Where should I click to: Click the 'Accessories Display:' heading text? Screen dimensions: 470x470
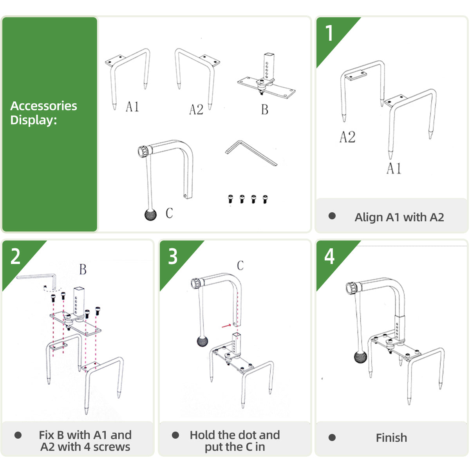pyautogui.click(x=43, y=113)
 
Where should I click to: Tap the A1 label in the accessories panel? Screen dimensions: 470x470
pyautogui.click(x=132, y=107)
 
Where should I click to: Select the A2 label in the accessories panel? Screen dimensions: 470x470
pyautogui.click(x=196, y=110)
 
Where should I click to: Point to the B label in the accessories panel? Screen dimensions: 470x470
pyautogui.click(x=265, y=110)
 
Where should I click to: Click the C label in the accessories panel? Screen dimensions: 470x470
pyautogui.click(x=169, y=213)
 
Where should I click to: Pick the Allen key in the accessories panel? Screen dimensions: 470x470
pyautogui.click(x=251, y=153)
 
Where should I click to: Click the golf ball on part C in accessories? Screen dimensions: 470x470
pyautogui.click(x=150, y=215)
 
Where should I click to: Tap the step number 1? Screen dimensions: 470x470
pyautogui.click(x=329, y=33)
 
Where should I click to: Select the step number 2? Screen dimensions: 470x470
pyautogui.click(x=16, y=257)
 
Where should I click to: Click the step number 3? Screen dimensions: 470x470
pyautogui.click(x=173, y=257)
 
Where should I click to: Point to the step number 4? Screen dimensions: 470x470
pyautogui.click(x=329, y=257)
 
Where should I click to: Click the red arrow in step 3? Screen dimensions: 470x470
pyautogui.click(x=226, y=325)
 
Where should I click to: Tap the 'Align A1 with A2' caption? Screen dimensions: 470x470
pyautogui.click(x=399, y=217)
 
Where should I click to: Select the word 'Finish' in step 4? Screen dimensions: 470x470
pyautogui.click(x=391, y=438)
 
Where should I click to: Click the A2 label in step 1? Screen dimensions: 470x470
pyautogui.click(x=347, y=137)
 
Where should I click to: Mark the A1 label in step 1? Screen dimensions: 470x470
pyautogui.click(x=394, y=168)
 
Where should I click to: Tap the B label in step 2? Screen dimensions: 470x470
pyautogui.click(x=83, y=269)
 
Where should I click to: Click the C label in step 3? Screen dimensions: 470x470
pyautogui.click(x=240, y=266)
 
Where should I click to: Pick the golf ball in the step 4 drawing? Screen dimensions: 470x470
pyautogui.click(x=360, y=357)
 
